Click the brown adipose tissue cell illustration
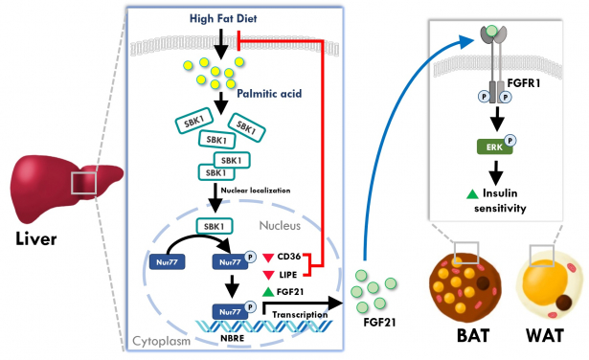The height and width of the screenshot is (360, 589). tap(464, 282)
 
